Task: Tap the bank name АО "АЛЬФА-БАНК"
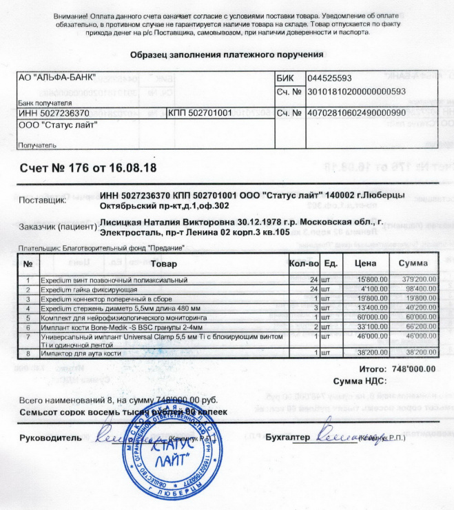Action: coord(56,78)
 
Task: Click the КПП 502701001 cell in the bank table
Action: coord(199,112)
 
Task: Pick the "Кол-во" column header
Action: coord(304,264)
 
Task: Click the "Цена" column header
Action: coord(363,264)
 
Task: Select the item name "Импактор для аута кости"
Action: coord(82,353)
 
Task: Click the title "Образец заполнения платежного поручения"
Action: coord(227,54)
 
